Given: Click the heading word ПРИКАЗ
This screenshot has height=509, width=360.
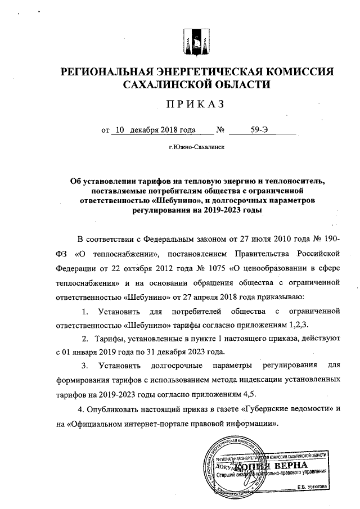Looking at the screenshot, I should pyautogui.click(x=195, y=105).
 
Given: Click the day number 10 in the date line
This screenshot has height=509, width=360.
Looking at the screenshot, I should pyautogui.click(x=119, y=130).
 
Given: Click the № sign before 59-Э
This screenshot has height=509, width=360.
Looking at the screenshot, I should pyautogui.click(x=220, y=130).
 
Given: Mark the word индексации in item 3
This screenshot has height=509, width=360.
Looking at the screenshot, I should pyautogui.click(x=224, y=381).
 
